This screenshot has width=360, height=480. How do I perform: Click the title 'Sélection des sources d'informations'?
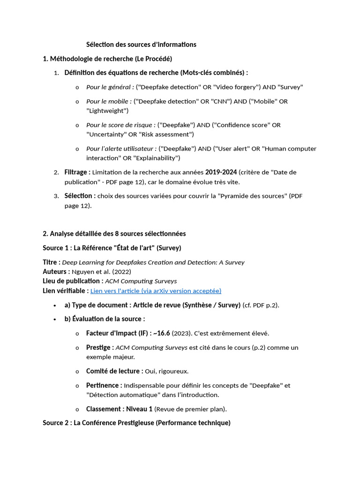pos(141,45)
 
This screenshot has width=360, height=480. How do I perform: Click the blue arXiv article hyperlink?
pos(156,291)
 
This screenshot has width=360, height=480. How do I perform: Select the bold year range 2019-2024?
pos(221,172)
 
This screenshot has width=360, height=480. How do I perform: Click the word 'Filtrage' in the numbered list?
pos(76,172)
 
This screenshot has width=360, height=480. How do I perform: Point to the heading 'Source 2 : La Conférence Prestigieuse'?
pos(136,423)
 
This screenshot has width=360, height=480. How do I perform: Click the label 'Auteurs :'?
pos(56,271)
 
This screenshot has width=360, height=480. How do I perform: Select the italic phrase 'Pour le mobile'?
pos(107,101)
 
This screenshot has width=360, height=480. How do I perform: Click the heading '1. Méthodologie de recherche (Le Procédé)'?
pos(107,59)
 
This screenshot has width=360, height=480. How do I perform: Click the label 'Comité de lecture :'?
pos(114,371)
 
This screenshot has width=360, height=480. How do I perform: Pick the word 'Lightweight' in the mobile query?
pos(107,111)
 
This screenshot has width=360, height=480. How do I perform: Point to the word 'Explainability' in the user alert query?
pos(157,158)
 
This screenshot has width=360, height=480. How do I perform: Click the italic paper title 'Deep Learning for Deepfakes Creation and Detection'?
pos(153,262)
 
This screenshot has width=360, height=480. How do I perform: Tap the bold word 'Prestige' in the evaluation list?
pos(99,347)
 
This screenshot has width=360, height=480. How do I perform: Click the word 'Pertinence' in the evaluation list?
pos(103,385)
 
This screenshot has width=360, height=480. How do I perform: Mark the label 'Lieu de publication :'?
pos(73,281)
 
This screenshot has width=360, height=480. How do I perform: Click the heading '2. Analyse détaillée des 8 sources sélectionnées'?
pos(114,233)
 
